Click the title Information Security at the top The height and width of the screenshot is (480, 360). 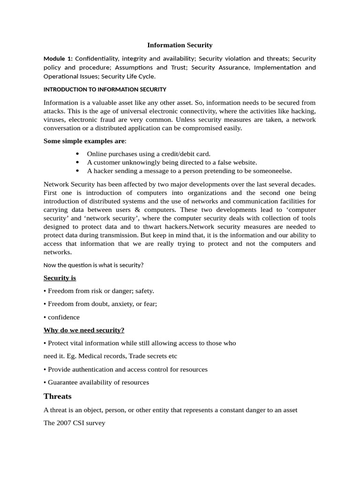180,45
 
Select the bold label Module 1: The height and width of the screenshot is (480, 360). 58,59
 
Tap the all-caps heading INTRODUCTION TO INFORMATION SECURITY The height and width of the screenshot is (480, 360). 105,89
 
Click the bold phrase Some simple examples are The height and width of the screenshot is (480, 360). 84,141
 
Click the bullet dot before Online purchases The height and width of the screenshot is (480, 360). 77,154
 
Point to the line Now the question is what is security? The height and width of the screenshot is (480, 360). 93,265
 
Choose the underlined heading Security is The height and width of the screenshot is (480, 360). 60,278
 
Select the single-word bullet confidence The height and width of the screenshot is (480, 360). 64,317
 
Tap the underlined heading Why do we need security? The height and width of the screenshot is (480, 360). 84,330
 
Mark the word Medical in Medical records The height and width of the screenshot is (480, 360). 85,356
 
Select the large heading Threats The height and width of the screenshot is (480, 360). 57,396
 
